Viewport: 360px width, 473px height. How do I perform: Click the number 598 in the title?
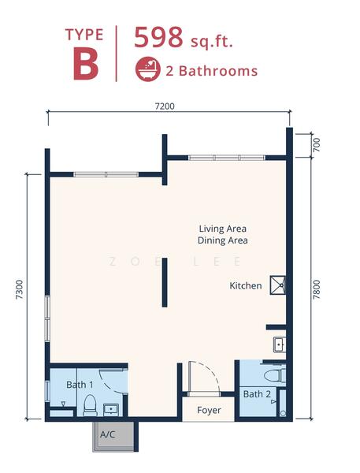159,38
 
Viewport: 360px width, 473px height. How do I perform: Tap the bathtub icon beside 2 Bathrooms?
147,69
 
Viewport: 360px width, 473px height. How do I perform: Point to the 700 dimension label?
317,144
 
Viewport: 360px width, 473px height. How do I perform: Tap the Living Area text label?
222,229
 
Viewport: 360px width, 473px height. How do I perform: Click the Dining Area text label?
222,240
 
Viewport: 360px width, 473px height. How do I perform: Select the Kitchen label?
245,285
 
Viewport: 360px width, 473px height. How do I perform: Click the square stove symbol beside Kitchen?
276,285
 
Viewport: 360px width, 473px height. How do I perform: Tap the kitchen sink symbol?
279,344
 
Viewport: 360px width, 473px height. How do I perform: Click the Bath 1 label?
80,385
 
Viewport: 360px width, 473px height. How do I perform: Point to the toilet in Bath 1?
89,405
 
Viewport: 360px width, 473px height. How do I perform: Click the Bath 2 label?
257,394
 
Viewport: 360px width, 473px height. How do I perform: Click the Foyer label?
209,410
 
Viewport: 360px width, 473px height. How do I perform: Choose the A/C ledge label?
108,434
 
